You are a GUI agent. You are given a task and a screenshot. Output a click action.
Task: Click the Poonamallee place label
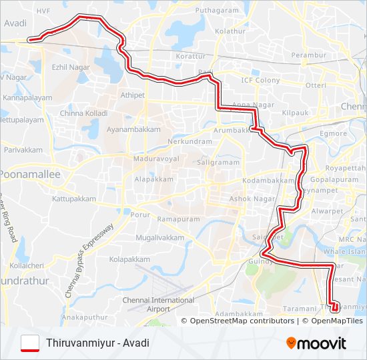point(29,174)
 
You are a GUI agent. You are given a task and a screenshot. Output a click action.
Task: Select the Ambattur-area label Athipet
point(132,95)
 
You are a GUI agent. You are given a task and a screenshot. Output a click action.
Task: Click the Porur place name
point(140,215)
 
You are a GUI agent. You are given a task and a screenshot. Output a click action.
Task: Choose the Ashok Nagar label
point(248,199)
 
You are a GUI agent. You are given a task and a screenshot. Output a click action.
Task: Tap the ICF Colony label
point(261,81)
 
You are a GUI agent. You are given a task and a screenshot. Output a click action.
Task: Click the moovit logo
point(316,343)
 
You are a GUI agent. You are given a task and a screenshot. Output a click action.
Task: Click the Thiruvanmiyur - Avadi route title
point(98,343)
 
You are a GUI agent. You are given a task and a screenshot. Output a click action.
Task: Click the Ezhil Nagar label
point(71,67)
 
